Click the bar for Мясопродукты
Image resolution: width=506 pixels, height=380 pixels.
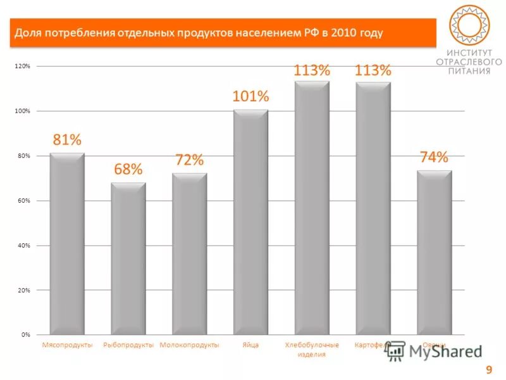67,244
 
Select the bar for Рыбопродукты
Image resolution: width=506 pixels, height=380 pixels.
128,258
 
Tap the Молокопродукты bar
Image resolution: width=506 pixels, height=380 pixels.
190,253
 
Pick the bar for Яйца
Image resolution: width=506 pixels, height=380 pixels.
250,222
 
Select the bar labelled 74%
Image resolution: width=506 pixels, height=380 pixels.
434,252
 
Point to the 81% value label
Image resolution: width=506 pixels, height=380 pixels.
67,139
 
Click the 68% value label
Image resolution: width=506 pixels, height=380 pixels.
128,169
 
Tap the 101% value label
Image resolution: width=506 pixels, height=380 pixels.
250,97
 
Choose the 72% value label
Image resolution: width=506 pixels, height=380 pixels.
190,160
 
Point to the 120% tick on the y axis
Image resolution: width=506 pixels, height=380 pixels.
22,66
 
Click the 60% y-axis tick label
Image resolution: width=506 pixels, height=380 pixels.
23,201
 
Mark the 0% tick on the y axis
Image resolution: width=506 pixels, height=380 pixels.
25,334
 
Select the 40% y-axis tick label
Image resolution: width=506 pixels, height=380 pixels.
23,245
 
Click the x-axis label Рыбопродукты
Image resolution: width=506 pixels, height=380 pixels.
128,345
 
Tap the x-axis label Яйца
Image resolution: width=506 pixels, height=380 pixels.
250,345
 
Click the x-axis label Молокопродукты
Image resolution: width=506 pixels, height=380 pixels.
190,345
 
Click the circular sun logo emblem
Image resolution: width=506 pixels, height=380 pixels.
470,25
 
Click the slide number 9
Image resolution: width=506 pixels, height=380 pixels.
488,370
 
